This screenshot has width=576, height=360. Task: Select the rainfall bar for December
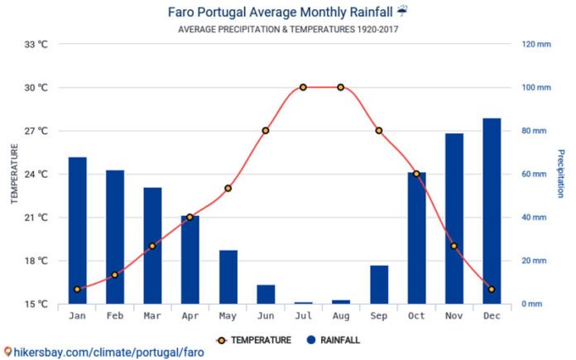492,211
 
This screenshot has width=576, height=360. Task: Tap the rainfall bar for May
228,276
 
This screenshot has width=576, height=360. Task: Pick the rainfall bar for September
379,284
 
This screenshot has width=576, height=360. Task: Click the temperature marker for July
303,87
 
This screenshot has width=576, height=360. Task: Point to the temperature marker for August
341,87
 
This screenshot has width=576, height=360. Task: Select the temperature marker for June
266,131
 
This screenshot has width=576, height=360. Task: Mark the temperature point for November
454,246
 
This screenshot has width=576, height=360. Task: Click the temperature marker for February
115,275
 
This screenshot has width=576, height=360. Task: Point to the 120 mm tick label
536,44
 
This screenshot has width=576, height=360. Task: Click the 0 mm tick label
531,304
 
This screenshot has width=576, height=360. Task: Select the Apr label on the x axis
190,316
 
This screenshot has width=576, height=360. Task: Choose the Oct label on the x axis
416,316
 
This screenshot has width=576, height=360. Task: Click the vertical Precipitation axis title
560,174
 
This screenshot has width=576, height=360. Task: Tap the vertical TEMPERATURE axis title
14,174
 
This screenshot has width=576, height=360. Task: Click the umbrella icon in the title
402,12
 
